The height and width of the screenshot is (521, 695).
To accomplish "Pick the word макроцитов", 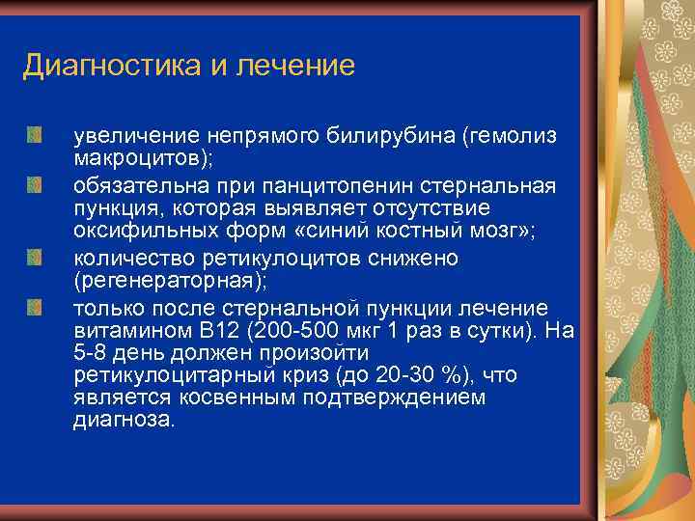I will (x=130, y=159).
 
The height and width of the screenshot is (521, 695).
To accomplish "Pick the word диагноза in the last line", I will (x=125, y=421).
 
